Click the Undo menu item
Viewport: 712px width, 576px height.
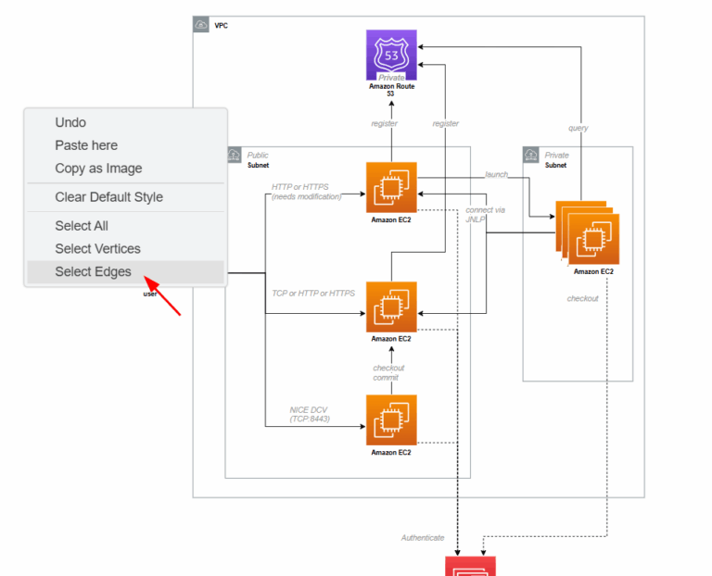[70, 122]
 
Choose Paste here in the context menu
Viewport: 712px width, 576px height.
[86, 145]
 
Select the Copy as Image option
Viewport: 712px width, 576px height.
[98, 169]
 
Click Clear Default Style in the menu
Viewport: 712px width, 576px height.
[108, 197]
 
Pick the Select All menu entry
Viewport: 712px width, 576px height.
[82, 226]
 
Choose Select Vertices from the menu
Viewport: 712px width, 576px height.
[97, 249]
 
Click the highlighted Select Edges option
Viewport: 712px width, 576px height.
[93, 272]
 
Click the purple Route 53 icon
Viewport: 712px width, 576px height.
[391, 55]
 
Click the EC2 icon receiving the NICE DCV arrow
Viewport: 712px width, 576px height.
[391, 420]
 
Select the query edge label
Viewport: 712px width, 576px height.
[578, 128]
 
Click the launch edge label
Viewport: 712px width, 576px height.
[496, 174]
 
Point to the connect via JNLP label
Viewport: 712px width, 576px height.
[485, 215]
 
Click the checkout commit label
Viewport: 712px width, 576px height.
[388, 373]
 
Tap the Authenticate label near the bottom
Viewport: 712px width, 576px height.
[422, 538]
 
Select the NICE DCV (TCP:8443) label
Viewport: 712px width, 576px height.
[309, 414]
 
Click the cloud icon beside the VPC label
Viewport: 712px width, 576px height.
[201, 25]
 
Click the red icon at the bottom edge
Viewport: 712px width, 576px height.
[471, 566]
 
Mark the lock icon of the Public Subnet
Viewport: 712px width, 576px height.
[235, 155]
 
